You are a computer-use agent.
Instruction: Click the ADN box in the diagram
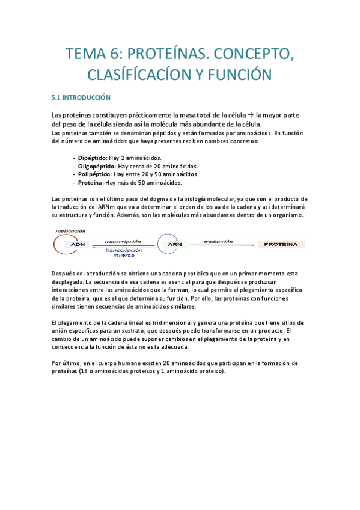(78, 245)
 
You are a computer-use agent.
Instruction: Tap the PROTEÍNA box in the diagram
(281, 245)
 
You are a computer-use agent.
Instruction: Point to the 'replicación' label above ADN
(70, 231)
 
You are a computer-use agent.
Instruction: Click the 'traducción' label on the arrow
(218, 240)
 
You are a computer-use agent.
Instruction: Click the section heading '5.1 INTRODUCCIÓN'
(81, 97)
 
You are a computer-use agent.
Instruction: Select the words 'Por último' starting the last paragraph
(65, 363)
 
